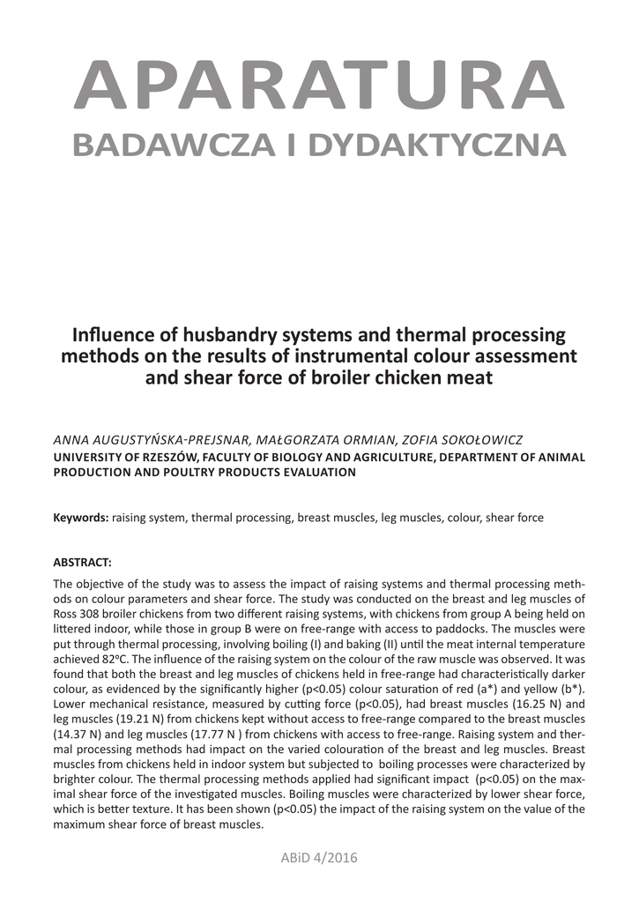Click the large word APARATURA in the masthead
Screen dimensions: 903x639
tap(319, 83)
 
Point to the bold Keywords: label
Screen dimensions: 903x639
tap(81, 518)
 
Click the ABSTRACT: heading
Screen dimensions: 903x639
tap(83, 562)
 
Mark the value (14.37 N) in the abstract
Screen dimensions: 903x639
tap(81, 734)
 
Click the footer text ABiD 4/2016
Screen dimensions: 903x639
tap(319, 856)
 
